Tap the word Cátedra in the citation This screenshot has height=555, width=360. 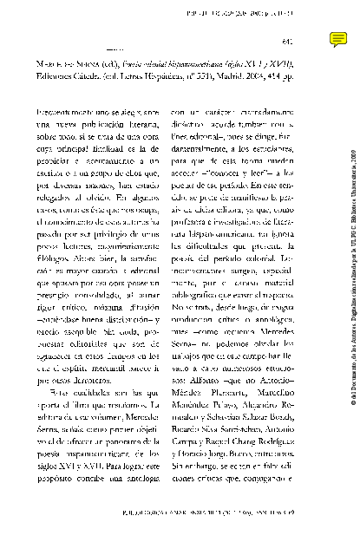point(115,97)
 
